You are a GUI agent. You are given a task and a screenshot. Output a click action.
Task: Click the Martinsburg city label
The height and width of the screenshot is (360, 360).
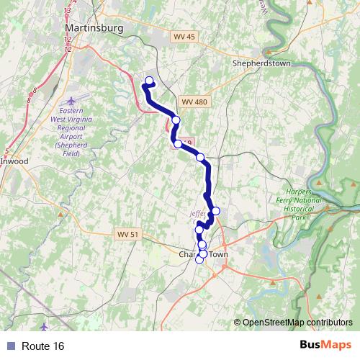[89, 27]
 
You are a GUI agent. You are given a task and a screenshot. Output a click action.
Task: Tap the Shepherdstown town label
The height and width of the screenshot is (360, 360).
[261, 63]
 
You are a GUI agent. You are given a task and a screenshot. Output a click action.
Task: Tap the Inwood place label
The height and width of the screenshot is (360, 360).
[14, 161]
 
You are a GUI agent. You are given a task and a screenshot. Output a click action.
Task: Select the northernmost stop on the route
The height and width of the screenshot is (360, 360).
[150, 81]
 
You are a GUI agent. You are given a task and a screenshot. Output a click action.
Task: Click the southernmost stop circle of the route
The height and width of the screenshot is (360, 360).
[199, 260]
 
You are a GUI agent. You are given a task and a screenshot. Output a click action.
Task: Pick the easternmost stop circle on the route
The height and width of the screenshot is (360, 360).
[215, 211]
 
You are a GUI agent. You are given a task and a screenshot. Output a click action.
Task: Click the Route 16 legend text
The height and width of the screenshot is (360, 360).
[43, 346]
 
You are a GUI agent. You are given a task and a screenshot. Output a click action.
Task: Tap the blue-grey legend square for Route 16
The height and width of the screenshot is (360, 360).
[11, 346]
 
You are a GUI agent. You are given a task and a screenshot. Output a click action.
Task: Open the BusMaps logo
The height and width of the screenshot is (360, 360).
[326, 346]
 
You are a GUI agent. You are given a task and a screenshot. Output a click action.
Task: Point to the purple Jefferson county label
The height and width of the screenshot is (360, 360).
[198, 214]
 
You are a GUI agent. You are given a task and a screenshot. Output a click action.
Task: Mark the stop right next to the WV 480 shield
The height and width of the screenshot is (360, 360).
[176, 120]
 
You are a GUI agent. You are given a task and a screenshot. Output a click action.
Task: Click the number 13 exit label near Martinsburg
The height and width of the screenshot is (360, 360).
[67, 11]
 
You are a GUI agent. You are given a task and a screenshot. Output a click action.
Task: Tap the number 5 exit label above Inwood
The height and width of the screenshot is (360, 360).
[6, 150]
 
